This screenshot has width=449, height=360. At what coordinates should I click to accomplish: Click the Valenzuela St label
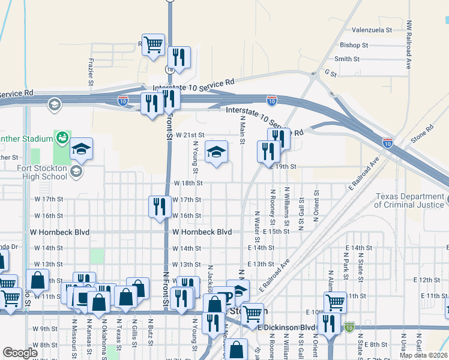[372, 29]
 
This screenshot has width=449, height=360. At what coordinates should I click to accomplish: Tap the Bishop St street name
[354, 45]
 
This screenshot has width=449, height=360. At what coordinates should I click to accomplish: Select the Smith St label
[347, 59]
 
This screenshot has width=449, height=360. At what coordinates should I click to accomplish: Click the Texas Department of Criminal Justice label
[410, 200]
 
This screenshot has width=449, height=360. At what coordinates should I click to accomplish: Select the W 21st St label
[190, 136]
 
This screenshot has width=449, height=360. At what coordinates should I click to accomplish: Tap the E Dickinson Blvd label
[286, 328]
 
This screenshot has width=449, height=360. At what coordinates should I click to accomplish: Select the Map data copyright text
[424, 355]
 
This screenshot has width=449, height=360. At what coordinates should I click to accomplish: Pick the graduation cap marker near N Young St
[217, 152]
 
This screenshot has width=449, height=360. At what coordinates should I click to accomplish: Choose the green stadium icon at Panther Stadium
[62, 138]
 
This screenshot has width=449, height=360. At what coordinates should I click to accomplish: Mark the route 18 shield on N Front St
[170, 70]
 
